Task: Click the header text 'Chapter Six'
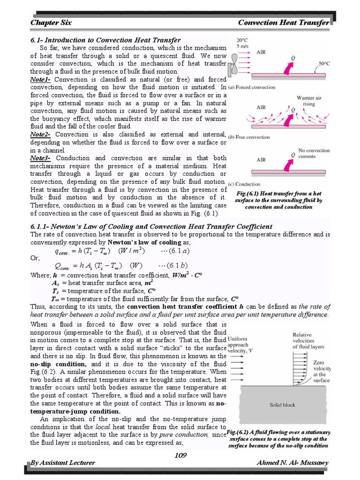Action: (49, 22)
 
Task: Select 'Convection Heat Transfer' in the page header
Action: (284, 22)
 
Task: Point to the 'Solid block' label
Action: (282, 405)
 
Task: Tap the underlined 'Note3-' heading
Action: (41, 158)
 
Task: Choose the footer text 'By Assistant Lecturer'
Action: (62, 463)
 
